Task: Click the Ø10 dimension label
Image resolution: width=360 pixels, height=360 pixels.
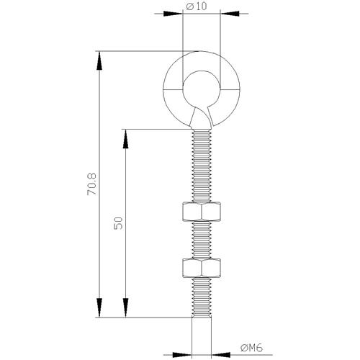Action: pos(197,6)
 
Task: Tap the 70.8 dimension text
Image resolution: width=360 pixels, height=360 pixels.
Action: pos(91,184)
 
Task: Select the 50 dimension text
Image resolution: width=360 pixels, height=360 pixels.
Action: pos(118,223)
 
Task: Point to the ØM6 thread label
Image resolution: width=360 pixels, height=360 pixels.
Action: pos(251,348)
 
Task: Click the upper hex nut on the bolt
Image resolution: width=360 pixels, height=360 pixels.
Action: pos(202,212)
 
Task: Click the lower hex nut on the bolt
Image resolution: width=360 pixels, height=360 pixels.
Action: pos(202,268)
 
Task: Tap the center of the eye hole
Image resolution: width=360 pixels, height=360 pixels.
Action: pos(202,90)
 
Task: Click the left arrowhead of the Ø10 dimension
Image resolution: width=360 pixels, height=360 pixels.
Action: pos(173,14)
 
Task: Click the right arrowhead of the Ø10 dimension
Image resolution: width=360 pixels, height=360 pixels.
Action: pos(230,14)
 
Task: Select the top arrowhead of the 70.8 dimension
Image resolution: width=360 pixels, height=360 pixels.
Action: pos(99,60)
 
